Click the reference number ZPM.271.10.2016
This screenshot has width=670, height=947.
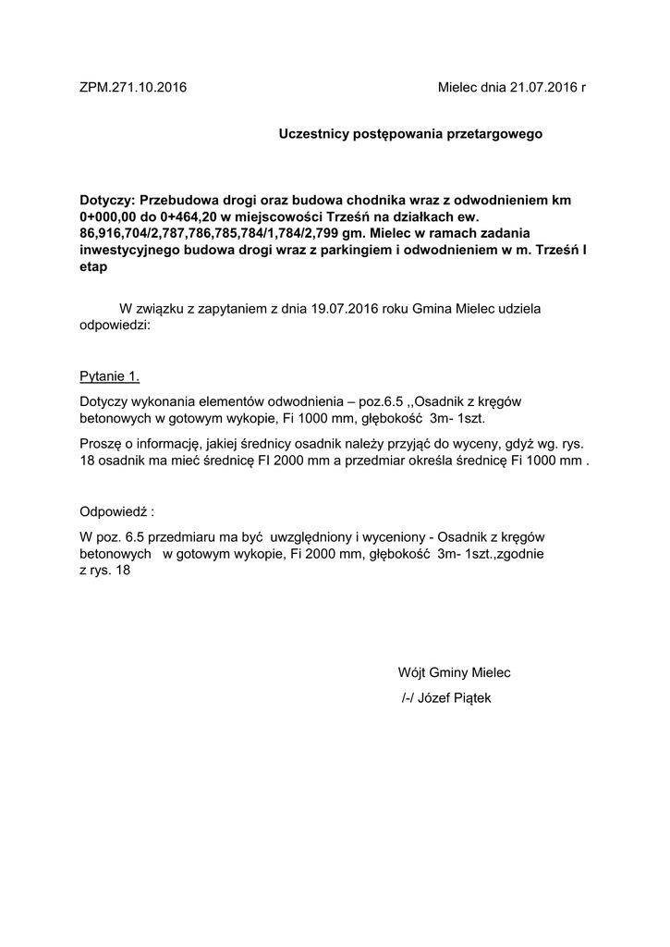point(133,88)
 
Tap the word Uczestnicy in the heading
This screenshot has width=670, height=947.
point(313,134)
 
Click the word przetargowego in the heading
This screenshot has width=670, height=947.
point(495,134)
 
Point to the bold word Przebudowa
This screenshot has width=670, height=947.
point(177,200)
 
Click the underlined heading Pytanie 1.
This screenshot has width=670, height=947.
point(111,376)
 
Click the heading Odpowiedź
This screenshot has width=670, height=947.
point(115,511)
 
